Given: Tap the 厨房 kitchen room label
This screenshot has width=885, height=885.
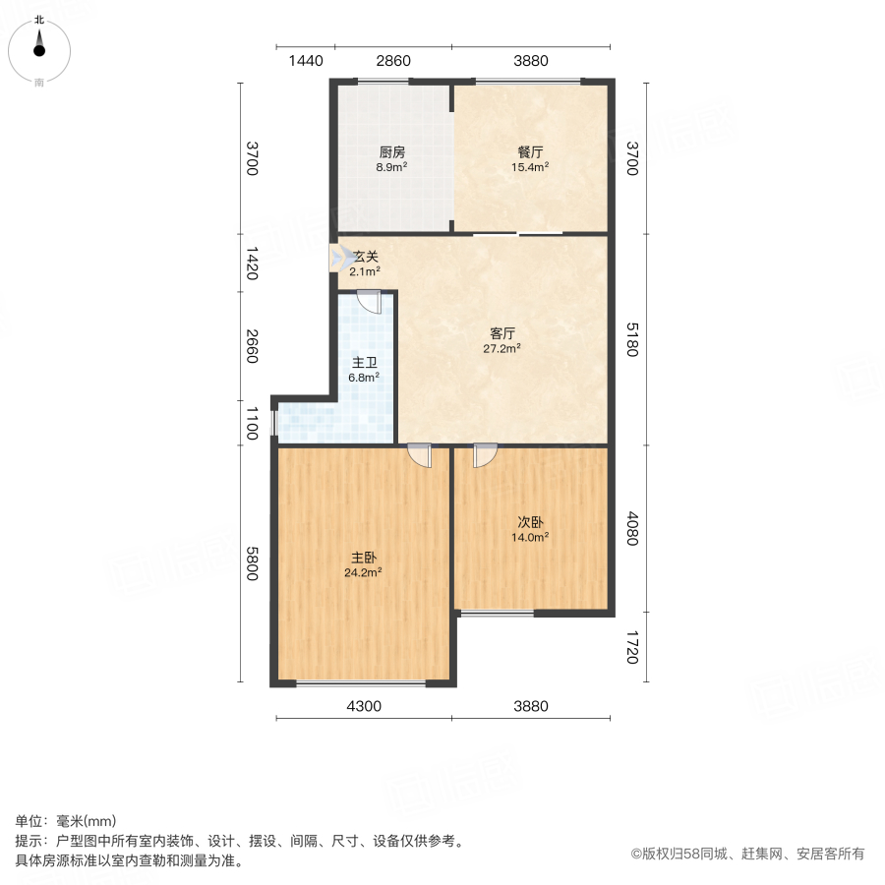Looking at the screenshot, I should (392, 153).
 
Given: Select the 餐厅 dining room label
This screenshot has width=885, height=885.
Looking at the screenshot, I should (530, 153).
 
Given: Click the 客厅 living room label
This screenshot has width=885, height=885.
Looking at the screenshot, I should (502, 333).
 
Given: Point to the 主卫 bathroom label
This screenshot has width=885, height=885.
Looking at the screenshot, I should (365, 361).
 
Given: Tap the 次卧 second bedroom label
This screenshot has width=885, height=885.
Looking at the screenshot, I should (530, 523).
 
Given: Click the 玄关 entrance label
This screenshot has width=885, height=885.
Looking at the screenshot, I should (366, 257).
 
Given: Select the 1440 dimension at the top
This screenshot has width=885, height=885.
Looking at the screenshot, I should (306, 61).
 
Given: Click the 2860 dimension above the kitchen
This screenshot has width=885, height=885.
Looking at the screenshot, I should (393, 61).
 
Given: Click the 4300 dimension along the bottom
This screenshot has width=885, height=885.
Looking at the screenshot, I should (364, 706).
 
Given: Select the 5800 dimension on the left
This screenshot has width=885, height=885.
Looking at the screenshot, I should (252, 563).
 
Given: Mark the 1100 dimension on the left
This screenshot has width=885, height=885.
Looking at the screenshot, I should (252, 424).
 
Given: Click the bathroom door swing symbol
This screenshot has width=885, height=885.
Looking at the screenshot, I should (369, 301).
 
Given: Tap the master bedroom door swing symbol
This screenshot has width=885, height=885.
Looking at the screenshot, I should (420, 455).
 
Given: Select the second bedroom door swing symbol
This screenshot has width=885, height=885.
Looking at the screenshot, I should (484, 455).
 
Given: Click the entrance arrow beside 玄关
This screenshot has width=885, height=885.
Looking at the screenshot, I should (338, 258).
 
